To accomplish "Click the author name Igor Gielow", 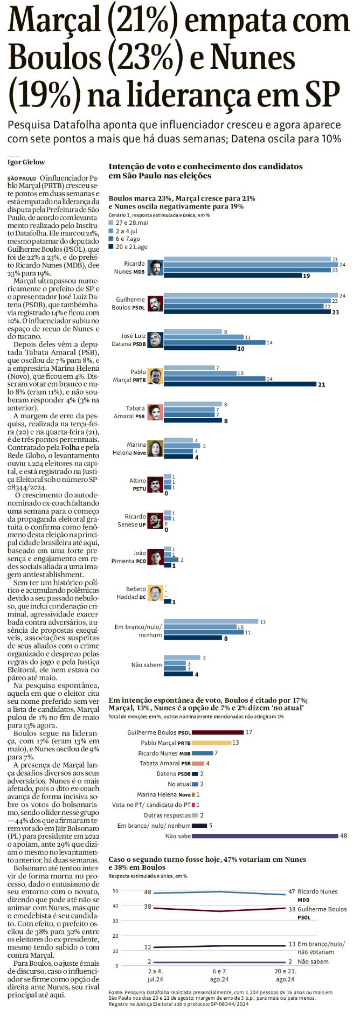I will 26,162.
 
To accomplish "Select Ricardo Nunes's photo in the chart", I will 155,268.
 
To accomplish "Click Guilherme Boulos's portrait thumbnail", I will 155,303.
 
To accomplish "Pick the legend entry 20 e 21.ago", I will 131,247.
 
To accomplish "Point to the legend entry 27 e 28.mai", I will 131,223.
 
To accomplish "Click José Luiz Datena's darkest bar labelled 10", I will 200,349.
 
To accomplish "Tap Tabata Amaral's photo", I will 155,412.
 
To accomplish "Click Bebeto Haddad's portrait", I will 155,593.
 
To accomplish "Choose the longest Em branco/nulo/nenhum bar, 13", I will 211,622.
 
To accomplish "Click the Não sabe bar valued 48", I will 265,836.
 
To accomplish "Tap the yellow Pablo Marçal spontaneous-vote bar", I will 211,743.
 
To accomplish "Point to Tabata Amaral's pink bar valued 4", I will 198,763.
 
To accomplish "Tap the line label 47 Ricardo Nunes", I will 318,892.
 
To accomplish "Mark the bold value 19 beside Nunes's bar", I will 306,276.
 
